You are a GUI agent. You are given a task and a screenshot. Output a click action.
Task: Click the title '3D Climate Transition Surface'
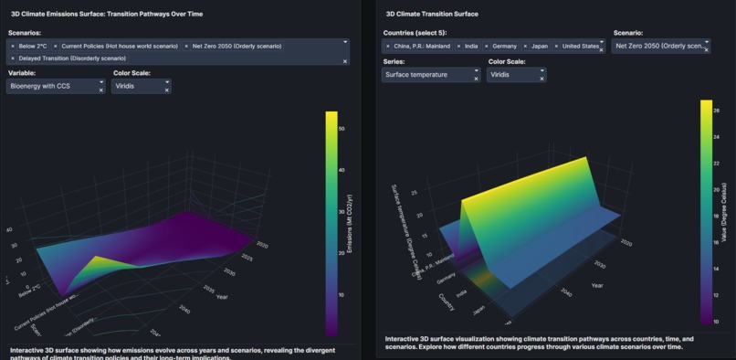tap(431, 15)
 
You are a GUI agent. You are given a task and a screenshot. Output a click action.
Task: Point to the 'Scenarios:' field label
tap(31, 32)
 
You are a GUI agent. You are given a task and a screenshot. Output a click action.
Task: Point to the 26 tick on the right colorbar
tap(717, 110)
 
